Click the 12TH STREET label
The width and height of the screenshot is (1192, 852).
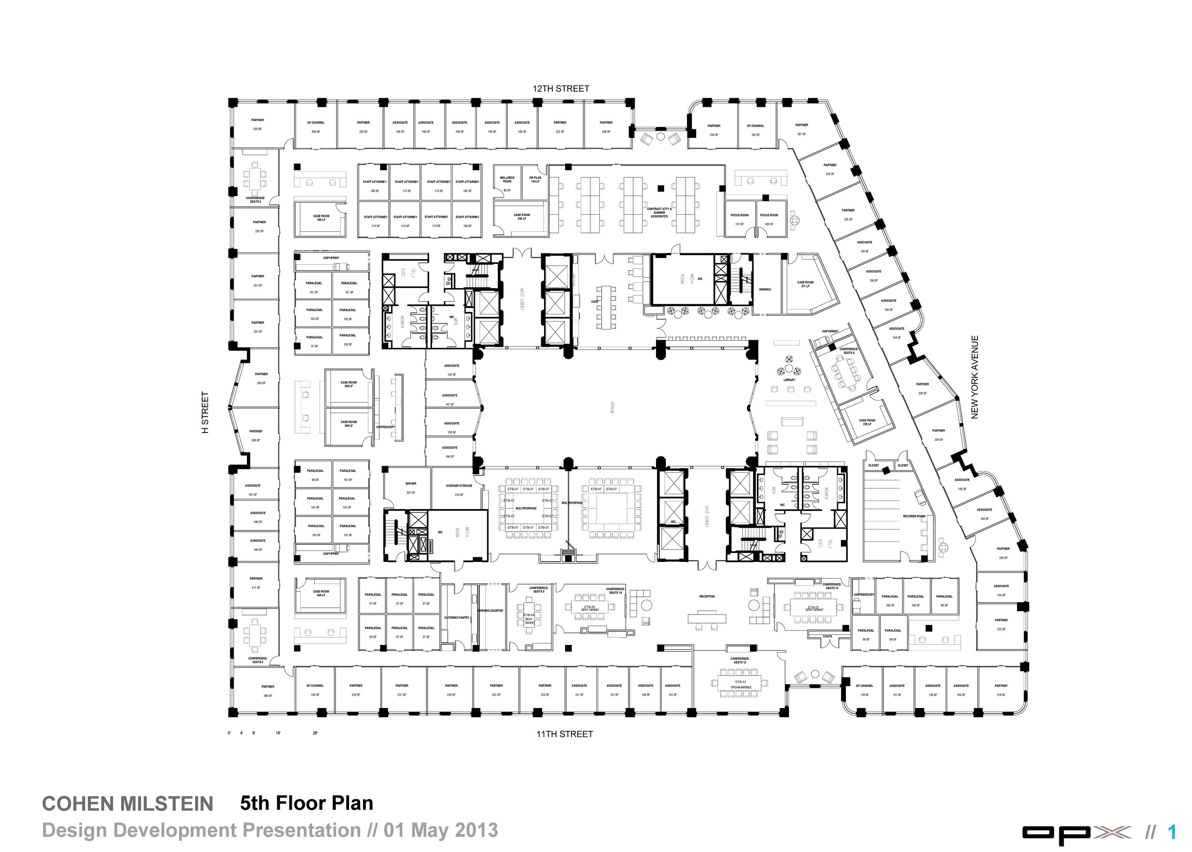561,89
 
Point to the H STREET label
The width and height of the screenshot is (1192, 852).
206,412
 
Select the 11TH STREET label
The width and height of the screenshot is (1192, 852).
564,734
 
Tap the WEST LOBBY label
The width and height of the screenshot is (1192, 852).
522,299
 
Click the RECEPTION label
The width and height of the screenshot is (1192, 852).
707,596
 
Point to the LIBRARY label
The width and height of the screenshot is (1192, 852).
789,380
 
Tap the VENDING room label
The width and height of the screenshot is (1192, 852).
765,290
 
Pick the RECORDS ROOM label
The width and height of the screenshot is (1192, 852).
914,516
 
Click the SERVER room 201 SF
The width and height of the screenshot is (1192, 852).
411,488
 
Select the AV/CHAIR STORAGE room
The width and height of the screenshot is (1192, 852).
459,489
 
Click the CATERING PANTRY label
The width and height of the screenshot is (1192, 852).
457,617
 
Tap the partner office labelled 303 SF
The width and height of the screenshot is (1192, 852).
257,125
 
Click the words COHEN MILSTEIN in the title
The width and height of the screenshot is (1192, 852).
127,804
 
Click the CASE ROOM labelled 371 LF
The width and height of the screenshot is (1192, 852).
805,284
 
